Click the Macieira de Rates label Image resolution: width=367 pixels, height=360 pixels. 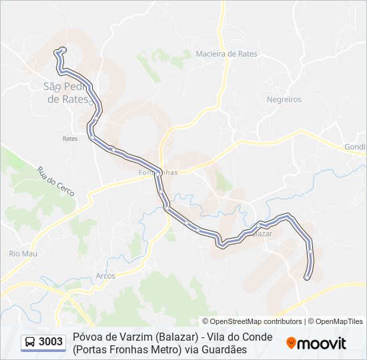[226, 54]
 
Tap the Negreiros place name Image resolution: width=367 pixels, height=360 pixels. [284, 99]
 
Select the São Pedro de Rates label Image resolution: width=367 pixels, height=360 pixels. [66, 93]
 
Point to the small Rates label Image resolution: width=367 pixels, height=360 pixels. [70, 139]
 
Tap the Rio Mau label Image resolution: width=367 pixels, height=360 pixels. [22, 253]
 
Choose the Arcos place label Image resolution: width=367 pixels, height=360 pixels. [105, 275]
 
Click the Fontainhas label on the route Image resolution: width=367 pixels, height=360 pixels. [158, 172]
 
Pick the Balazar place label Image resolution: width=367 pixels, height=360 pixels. [260, 234]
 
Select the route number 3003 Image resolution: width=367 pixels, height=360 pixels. [51, 342]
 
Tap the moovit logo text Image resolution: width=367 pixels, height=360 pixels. [322, 343]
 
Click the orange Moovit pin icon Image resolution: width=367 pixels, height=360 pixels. [291, 343]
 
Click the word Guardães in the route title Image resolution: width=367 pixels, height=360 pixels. [225, 349]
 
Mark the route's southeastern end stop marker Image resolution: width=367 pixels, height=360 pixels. [307, 277]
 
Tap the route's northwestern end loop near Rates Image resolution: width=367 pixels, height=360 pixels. [61, 51]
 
